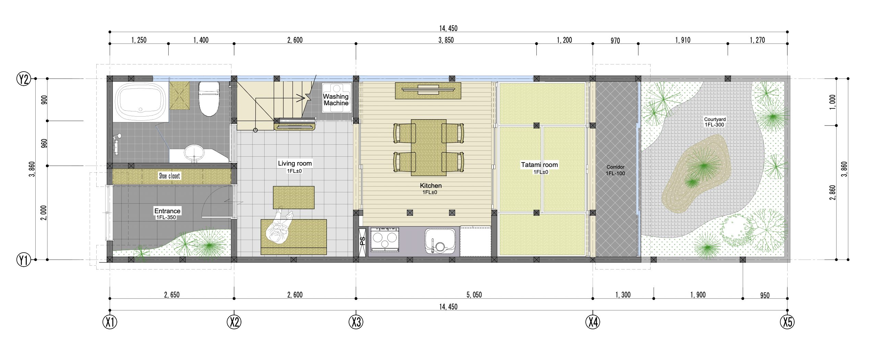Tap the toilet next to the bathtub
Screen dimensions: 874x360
click(x=209, y=99)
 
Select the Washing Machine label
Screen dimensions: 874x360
click(x=336, y=100)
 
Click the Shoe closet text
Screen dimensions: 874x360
click(x=169, y=176)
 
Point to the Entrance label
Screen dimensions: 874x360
click(x=167, y=211)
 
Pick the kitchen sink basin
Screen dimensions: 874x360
click(x=440, y=241)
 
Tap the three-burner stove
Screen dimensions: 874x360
click(x=384, y=239)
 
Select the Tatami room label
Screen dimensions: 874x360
click(x=539, y=165)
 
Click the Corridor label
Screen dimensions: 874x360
click(x=616, y=167)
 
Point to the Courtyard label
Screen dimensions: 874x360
click(x=715, y=119)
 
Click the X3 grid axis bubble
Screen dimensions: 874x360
click(x=356, y=322)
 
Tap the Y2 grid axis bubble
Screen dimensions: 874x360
click(x=24, y=79)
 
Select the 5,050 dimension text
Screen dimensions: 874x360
click(x=474, y=295)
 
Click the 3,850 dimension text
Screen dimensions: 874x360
click(x=446, y=40)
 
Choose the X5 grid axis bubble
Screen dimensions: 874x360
click(x=787, y=322)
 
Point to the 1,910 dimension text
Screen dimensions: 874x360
click(x=683, y=40)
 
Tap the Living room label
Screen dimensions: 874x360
click(x=295, y=164)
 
